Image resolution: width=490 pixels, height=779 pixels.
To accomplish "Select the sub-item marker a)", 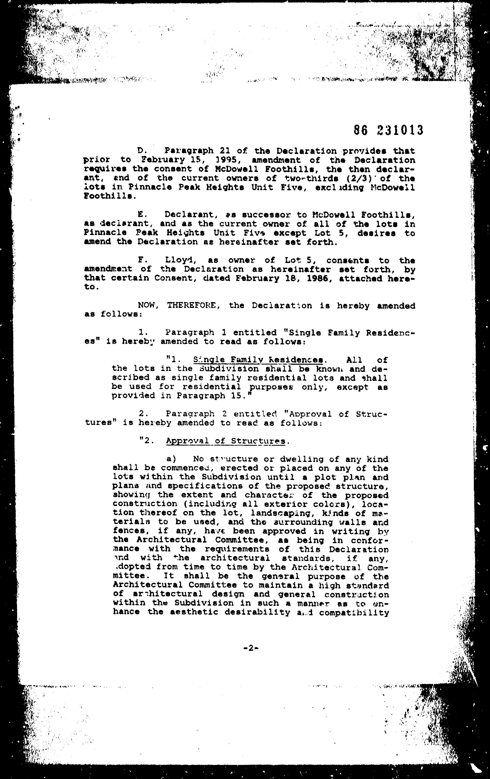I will [x=171, y=459].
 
